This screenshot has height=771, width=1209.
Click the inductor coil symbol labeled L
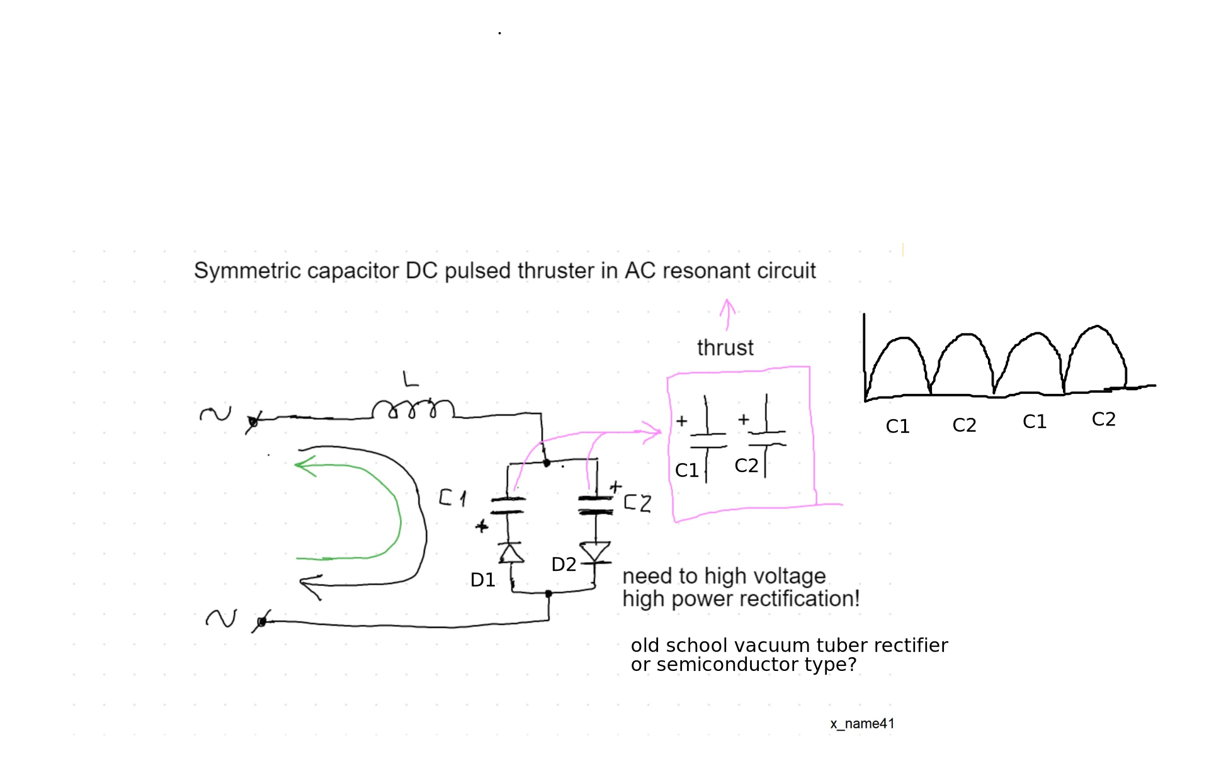coord(412,409)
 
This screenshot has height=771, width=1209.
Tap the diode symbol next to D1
coord(511,553)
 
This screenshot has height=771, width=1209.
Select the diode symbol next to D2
coord(595,552)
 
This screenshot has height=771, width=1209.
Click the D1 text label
coord(483,580)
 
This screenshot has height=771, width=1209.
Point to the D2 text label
coord(564,565)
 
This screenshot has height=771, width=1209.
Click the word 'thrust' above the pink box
coord(725,347)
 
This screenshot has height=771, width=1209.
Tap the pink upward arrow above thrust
coord(727,313)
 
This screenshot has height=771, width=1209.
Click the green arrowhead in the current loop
coord(306,465)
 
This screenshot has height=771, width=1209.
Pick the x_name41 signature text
coord(862,724)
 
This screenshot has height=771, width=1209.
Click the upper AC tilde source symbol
coord(215,414)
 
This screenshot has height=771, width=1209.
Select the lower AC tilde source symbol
coord(221,618)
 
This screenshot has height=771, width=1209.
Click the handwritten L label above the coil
coord(411,379)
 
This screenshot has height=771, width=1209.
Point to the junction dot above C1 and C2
coord(547,463)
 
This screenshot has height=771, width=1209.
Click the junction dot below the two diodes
coord(548,594)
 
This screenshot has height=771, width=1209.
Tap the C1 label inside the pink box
coord(686,470)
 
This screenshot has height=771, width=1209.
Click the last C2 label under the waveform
coord(1103,419)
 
